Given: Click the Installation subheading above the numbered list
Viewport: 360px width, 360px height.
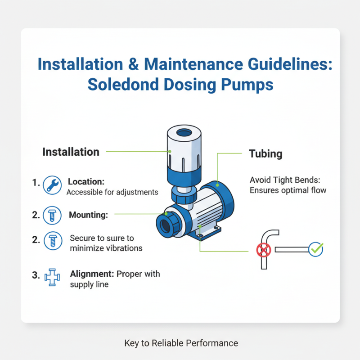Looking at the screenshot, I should click(x=71, y=152).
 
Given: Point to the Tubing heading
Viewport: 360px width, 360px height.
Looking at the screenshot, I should click(x=265, y=153).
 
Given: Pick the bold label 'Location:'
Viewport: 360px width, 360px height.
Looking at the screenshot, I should click(x=86, y=181).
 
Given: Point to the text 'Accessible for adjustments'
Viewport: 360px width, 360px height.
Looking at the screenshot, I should click(x=112, y=192).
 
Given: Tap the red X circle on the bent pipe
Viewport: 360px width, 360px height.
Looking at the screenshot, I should click(x=262, y=250).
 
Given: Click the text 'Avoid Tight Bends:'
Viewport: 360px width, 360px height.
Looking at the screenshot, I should click(x=285, y=180).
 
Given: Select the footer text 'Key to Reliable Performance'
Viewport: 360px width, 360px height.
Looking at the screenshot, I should click(x=181, y=343).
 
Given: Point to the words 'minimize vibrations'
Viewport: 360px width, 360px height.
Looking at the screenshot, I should click(x=106, y=248).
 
